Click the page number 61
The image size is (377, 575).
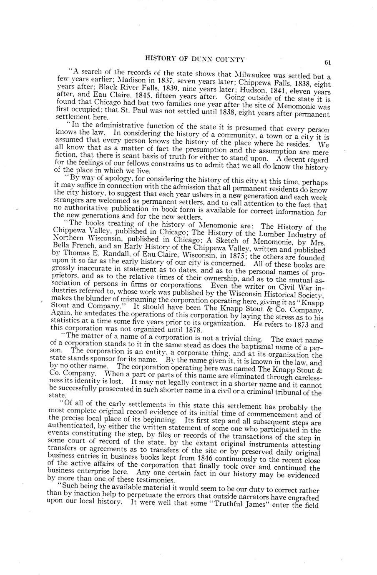point(327,62)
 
